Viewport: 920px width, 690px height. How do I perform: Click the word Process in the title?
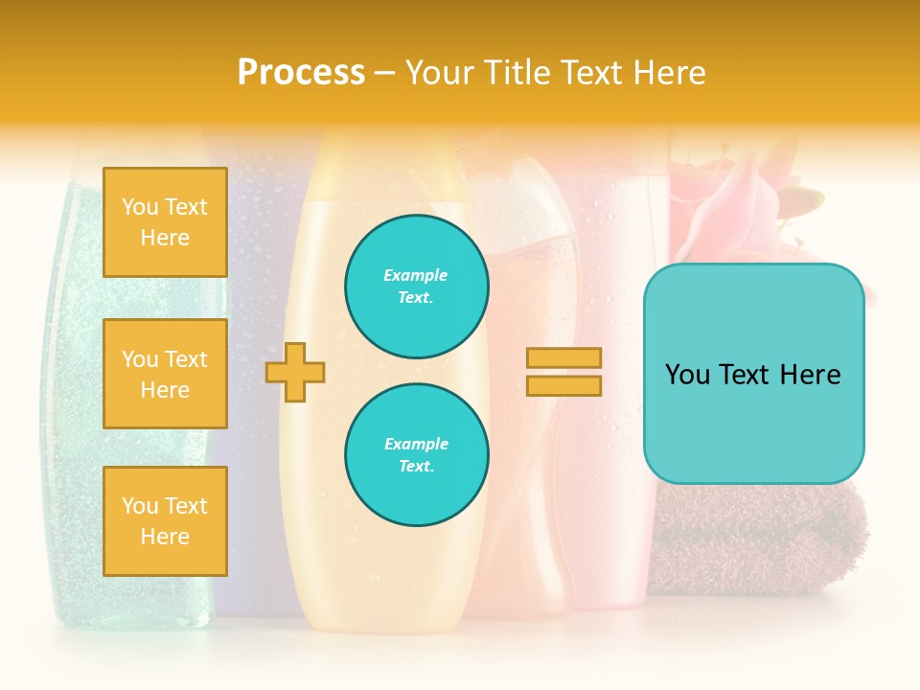301,73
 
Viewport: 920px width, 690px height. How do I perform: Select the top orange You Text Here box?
165,222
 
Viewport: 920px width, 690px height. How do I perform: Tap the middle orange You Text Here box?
165,374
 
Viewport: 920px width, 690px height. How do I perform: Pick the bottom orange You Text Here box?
165,521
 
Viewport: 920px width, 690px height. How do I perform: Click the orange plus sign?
295,372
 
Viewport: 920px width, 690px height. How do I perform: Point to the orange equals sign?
563,372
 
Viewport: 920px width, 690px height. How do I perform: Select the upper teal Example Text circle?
417,287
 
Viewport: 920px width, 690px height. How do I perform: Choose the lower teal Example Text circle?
417,455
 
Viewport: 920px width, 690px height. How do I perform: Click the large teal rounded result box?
753,374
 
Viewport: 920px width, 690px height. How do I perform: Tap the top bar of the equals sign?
563,358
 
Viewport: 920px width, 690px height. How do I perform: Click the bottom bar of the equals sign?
563,385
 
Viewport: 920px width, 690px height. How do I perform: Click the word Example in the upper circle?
415,275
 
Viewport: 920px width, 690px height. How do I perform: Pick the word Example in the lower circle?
416,444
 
